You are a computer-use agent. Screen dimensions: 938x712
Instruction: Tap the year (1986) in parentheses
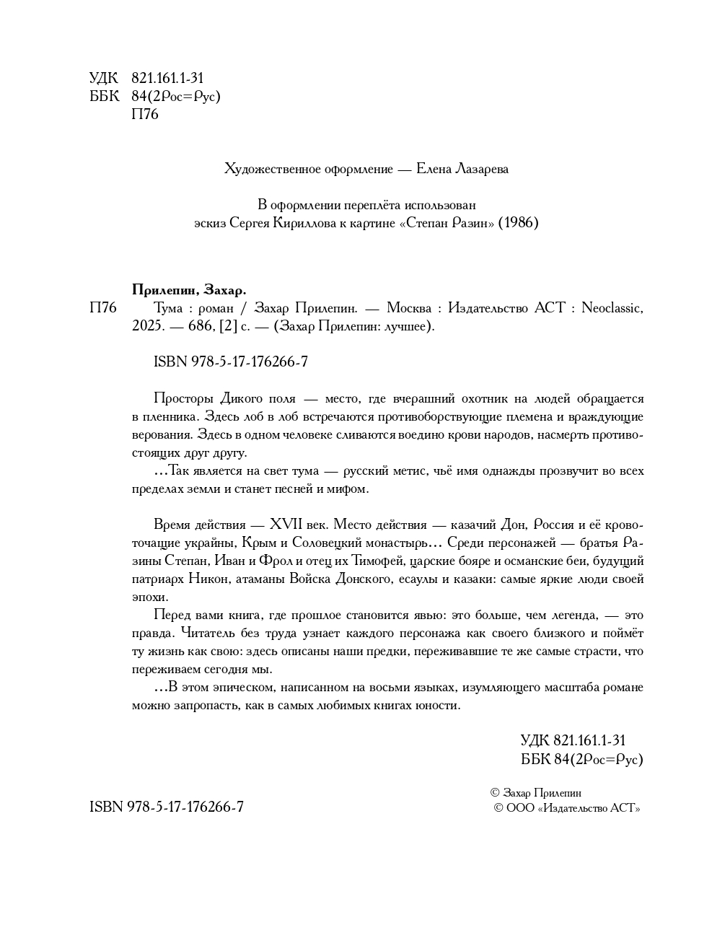coord(519,223)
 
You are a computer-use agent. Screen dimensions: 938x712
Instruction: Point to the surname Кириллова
coord(306,223)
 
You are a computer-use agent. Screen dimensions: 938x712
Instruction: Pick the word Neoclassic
coord(612,308)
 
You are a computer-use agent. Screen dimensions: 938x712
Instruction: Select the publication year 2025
coord(147,326)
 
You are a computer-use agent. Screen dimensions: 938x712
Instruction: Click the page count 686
coord(199,326)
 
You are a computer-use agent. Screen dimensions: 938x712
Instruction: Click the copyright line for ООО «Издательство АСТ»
coord(566,808)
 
